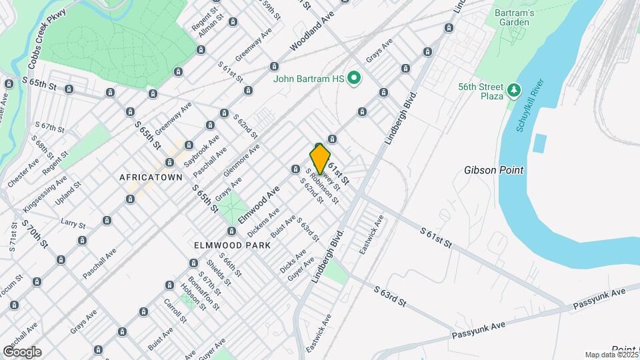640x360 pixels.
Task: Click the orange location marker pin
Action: pyautogui.click(x=320, y=159)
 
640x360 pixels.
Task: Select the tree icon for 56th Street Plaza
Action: pyautogui.click(x=513, y=90)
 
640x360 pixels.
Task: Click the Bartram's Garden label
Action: pyautogui.click(x=512, y=17)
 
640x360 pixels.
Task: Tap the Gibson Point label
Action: pyautogui.click(x=494, y=170)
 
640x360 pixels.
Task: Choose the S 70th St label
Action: pyautogui.click(x=35, y=233)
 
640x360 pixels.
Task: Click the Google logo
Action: pyautogui.click(x=22, y=351)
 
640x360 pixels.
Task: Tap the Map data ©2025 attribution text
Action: pyautogui.click(x=611, y=355)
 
